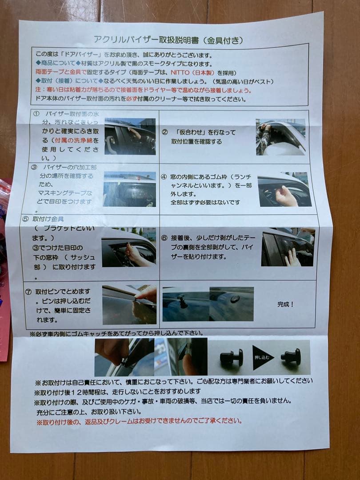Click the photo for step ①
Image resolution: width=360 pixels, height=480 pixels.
coord(130,136)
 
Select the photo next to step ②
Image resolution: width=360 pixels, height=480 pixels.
coord(280,136)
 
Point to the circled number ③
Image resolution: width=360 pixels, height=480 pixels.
coord(35,168)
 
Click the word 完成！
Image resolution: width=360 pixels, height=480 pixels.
coord(286,304)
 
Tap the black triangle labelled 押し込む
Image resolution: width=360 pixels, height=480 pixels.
coord(263,357)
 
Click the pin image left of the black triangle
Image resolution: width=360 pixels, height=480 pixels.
coord(232,357)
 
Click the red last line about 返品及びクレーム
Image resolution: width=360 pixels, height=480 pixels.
coord(139,421)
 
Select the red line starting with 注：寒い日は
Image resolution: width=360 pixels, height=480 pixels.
coord(143,90)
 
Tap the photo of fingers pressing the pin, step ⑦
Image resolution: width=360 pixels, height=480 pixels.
coord(129,305)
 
